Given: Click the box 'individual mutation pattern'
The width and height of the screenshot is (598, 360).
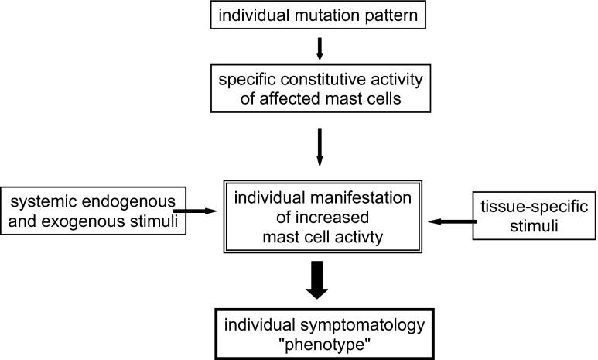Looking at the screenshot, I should (319, 16).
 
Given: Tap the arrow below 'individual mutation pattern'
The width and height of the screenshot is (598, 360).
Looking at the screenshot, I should (320, 49).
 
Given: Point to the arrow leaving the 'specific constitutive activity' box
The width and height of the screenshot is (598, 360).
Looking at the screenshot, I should (320, 148).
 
